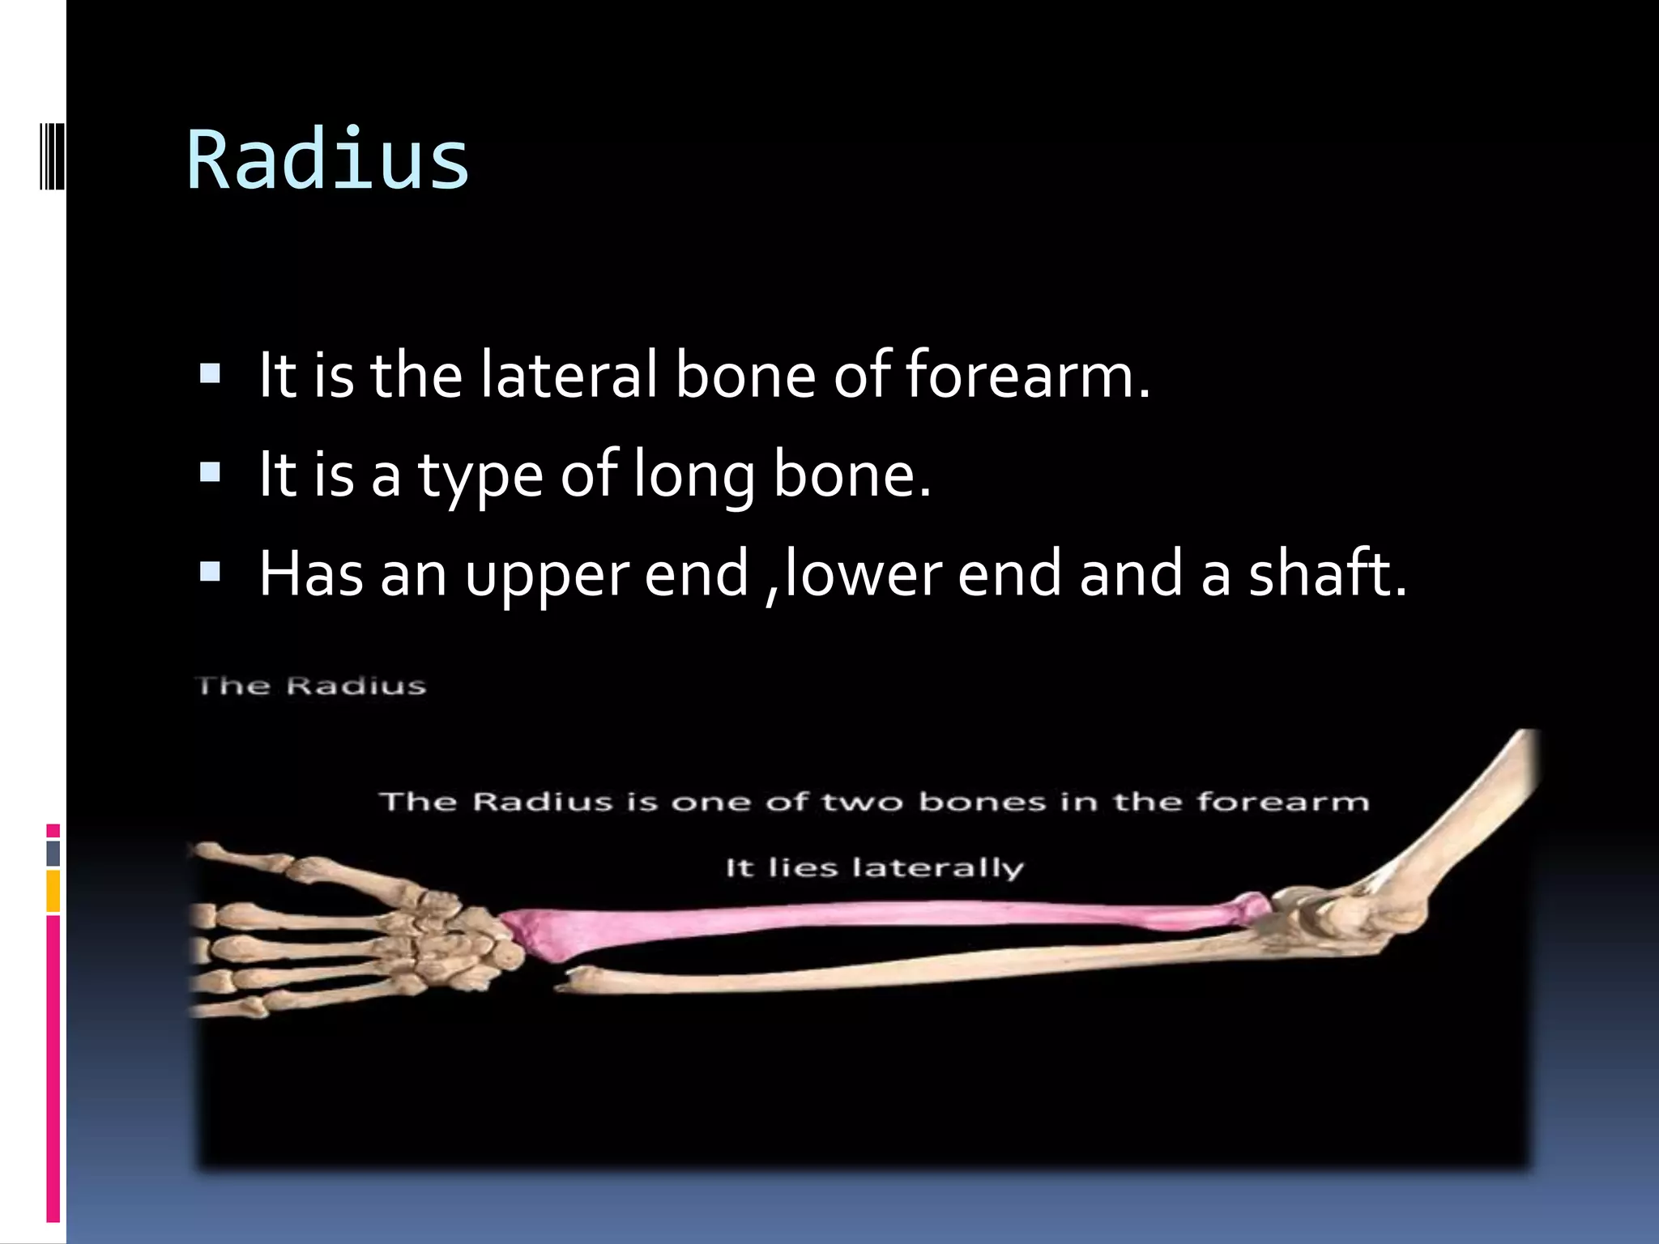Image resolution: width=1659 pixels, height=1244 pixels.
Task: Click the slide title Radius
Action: coord(327,160)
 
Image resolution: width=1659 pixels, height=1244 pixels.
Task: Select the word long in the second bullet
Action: coord(693,475)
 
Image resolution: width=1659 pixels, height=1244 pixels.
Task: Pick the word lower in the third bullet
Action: coord(863,573)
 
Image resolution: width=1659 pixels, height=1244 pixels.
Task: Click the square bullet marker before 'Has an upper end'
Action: coord(210,572)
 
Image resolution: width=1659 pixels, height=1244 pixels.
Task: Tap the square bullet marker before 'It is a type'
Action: coord(210,472)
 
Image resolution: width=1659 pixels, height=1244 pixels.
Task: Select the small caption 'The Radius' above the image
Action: coord(311,686)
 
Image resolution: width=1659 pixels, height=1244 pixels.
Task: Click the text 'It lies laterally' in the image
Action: coord(875,868)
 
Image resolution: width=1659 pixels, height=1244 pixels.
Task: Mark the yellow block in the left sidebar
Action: coord(53,890)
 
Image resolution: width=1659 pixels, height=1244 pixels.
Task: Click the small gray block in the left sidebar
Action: coord(53,853)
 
